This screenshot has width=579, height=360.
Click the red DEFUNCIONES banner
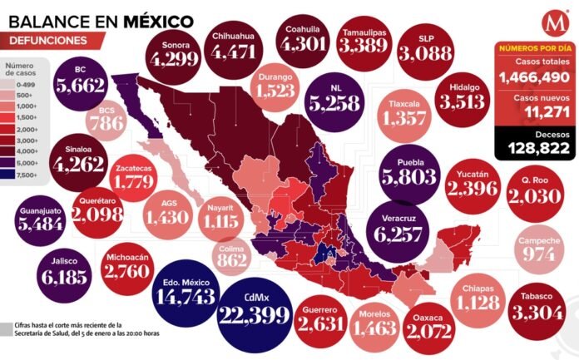(x=49, y=39)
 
